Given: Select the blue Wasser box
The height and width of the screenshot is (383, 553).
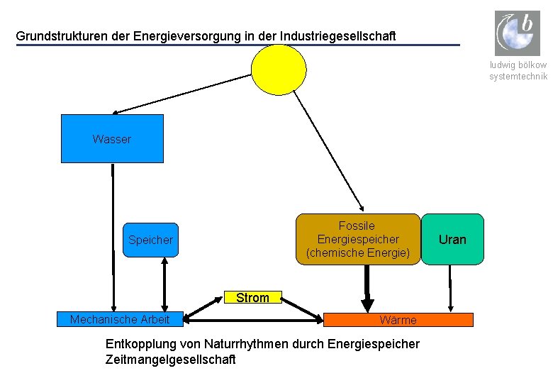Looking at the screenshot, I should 112,139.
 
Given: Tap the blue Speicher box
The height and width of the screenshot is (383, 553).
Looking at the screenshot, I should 150,240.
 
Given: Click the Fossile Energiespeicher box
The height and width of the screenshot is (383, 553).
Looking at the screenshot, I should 358,239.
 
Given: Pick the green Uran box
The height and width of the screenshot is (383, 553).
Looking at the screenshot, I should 452,239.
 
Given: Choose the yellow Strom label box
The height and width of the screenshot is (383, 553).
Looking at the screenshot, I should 253,298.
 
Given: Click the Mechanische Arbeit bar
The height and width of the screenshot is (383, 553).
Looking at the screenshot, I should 120,320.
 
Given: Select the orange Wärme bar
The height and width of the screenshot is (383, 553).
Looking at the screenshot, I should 398,320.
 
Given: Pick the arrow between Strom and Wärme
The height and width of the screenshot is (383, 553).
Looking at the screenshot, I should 302,309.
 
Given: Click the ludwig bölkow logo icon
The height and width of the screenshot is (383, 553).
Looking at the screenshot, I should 517,33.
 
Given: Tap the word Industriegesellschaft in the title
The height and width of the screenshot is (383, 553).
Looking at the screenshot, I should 338,35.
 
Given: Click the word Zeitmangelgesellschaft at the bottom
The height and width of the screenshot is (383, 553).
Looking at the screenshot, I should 170,360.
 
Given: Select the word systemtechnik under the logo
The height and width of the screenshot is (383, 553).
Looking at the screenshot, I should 518,77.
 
